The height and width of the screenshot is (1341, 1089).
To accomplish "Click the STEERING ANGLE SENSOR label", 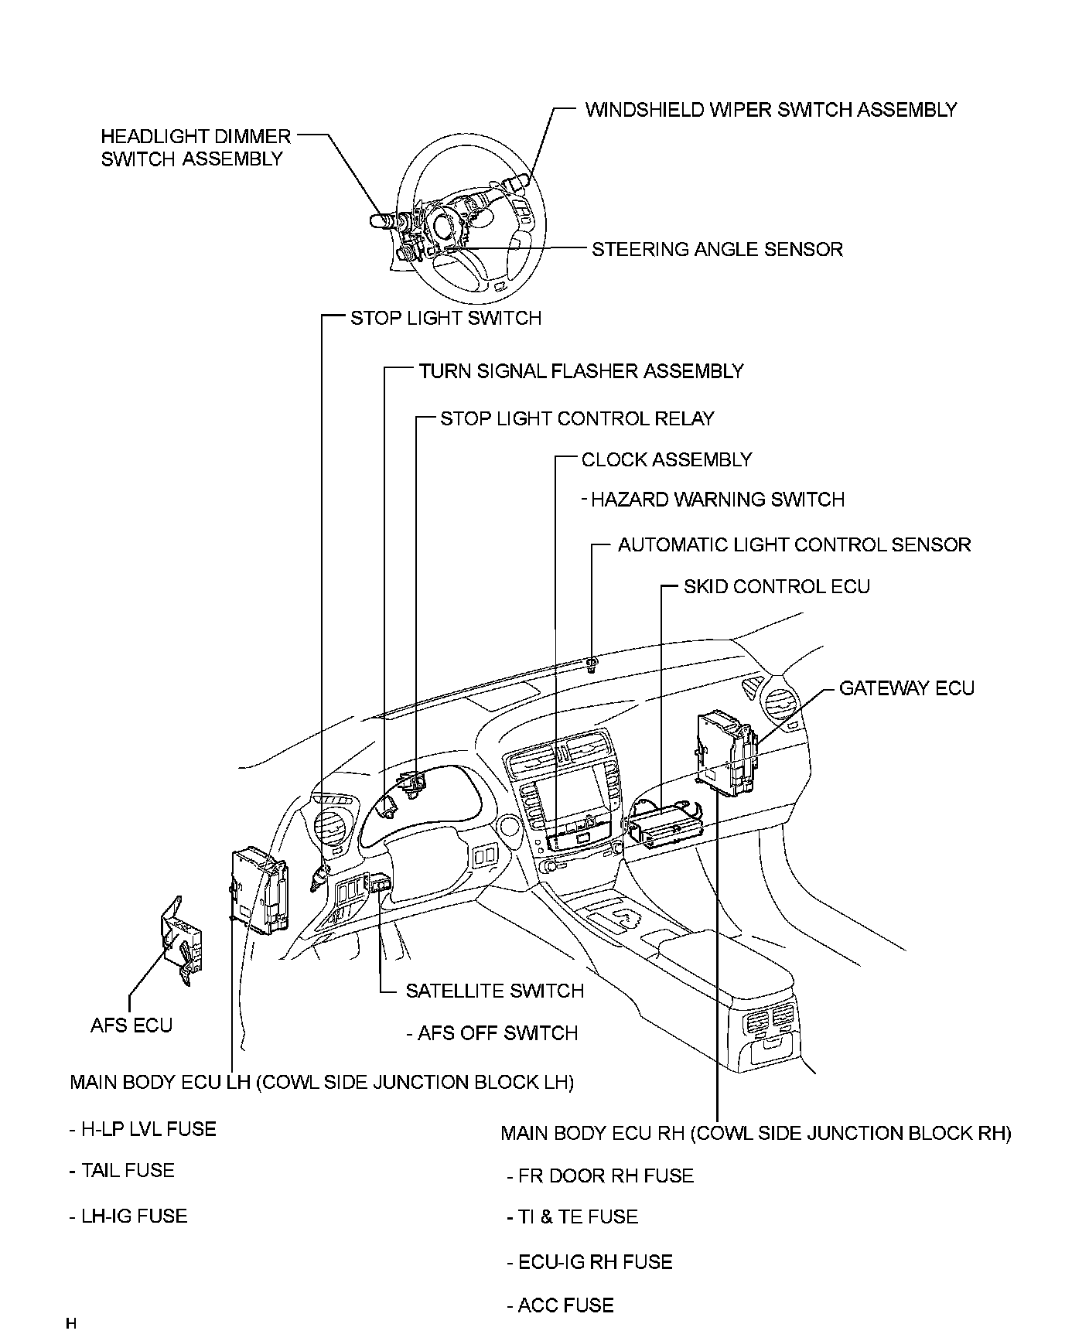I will click(717, 250).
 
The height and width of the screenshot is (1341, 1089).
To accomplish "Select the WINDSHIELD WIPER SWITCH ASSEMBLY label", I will click(770, 110).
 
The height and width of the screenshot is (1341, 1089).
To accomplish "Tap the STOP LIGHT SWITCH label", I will click(445, 319).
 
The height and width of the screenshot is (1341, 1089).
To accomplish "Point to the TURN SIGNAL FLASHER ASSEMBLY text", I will click(581, 371).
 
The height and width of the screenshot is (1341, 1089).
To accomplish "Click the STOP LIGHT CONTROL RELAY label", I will click(577, 419).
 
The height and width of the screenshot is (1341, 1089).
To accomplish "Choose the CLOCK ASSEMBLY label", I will click(666, 460).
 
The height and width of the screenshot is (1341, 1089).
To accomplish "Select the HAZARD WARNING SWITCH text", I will click(717, 500).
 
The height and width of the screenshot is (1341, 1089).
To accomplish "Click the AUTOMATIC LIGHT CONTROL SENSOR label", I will click(794, 545).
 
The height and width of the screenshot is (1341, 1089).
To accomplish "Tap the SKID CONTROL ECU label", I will click(777, 587).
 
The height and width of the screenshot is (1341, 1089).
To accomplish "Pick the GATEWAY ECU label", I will click(906, 688).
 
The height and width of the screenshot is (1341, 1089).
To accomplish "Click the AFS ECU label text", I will click(131, 1025).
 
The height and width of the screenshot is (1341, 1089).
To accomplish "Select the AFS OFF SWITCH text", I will click(497, 1034).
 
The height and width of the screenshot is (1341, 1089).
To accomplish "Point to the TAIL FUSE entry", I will click(128, 1171).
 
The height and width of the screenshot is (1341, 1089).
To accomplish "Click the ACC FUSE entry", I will click(565, 1306).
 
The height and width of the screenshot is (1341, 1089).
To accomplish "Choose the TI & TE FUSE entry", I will click(578, 1217).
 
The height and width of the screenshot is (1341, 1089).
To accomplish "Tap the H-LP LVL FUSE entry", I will click(148, 1130).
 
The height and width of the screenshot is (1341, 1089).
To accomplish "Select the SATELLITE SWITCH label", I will click(494, 991).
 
